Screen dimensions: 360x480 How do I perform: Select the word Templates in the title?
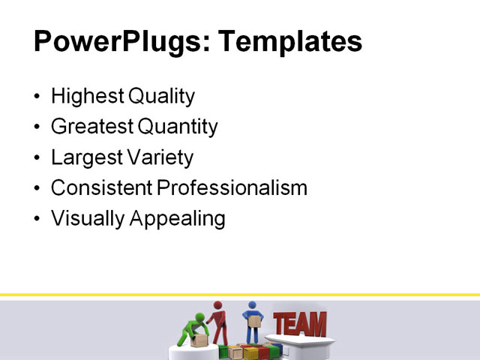288,40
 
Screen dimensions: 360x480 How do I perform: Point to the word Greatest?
90,127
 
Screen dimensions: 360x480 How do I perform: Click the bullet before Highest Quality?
38,97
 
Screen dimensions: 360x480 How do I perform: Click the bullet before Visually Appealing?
38,219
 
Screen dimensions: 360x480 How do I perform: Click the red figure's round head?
218,305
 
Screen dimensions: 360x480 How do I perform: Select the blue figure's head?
252,305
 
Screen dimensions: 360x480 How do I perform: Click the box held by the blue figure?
253,322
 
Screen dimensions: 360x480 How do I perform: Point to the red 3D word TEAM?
300,324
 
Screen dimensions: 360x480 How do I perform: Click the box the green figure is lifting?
199,340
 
